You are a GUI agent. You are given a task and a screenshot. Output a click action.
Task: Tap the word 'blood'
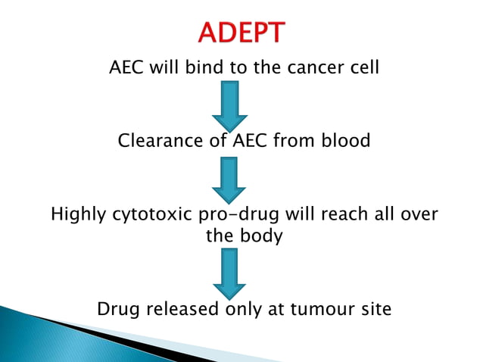tap(345, 141)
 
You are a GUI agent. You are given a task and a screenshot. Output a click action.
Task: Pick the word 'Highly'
tap(76, 215)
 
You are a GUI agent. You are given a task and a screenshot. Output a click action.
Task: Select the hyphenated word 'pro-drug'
tap(227, 215)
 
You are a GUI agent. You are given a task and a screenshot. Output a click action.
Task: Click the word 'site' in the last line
tap(375, 309)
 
